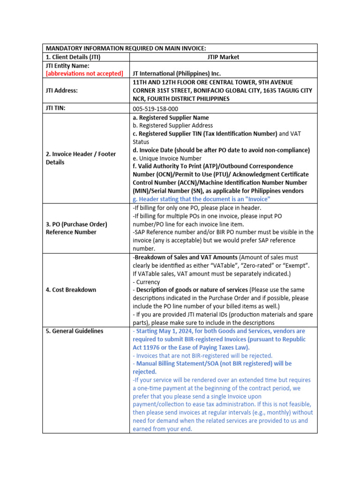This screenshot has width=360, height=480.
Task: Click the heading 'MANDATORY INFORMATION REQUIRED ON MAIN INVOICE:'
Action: point(126,48)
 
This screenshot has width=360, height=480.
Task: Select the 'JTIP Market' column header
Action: point(223,57)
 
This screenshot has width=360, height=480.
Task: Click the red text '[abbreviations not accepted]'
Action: point(84,74)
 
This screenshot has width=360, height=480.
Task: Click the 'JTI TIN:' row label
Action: point(56,108)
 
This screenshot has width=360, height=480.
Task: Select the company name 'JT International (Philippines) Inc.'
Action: point(177,74)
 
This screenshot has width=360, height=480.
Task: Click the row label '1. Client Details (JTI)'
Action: point(73,57)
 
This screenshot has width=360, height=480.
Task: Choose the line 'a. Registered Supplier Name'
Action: point(171,118)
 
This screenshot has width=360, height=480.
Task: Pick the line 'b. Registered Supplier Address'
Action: point(172,126)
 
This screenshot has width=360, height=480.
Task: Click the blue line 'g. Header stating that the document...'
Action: point(202,199)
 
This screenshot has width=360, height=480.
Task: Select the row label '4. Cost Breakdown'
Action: point(71,290)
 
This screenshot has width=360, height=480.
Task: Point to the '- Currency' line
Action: point(146,282)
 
